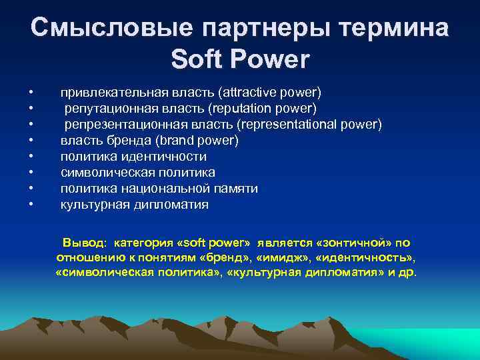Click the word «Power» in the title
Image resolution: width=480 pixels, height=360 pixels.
click(x=271, y=59)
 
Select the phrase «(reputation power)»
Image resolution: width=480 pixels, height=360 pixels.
click(x=263, y=108)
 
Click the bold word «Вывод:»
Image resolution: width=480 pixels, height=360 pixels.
click(x=85, y=243)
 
